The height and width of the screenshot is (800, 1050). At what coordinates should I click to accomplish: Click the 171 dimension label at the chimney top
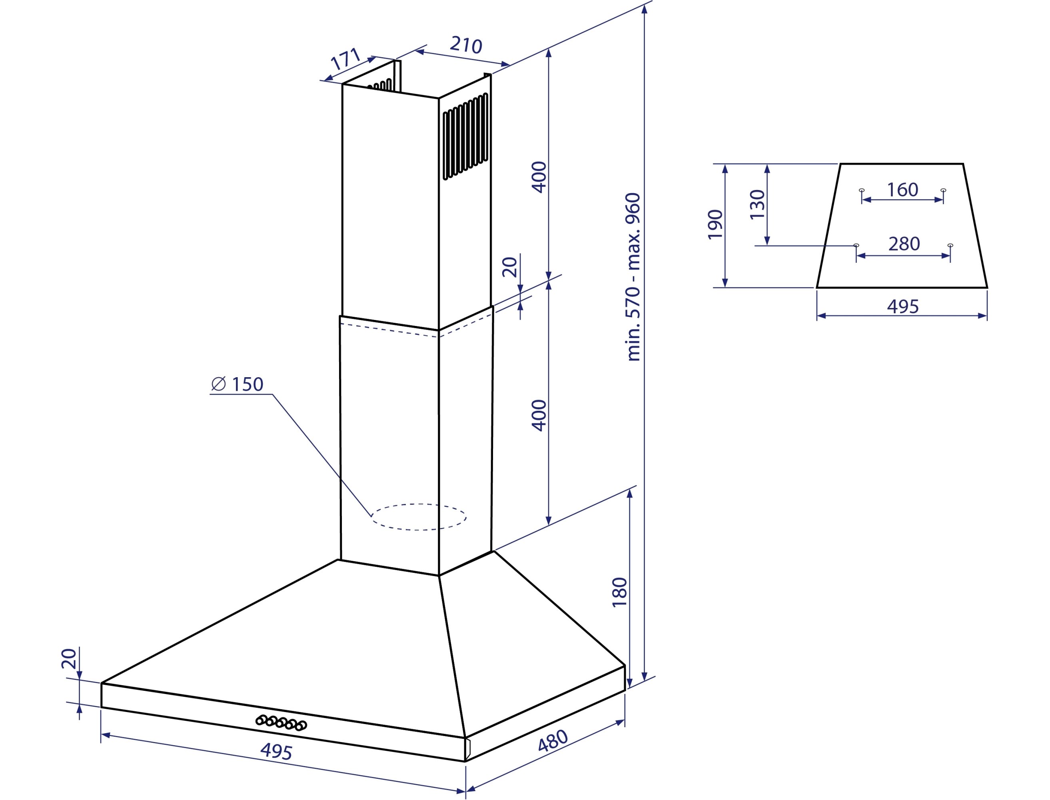[346, 59]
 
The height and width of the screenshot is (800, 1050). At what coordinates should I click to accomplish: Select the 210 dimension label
[466, 45]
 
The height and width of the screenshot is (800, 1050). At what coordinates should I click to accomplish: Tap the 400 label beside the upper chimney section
[539, 177]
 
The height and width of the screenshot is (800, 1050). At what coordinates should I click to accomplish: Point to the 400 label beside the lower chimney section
[539, 415]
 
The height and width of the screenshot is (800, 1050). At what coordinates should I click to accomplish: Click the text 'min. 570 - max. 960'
[633, 277]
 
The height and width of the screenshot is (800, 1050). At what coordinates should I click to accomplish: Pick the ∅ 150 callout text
[237, 384]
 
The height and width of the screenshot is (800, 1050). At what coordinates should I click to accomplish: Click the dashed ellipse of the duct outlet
[419, 517]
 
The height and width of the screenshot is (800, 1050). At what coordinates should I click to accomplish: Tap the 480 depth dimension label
[553, 740]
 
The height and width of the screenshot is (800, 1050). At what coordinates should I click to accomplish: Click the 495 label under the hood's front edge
[276, 752]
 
